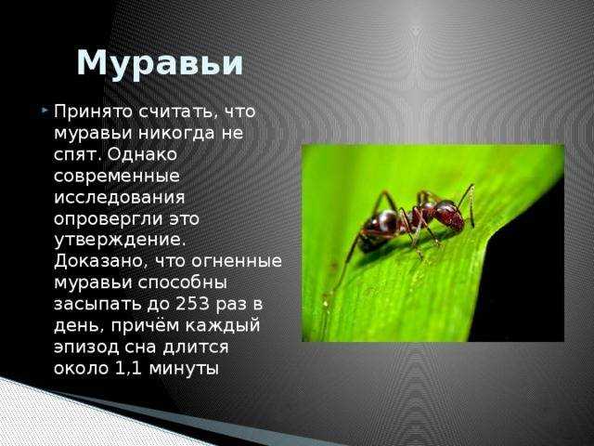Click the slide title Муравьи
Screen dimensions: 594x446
coord(160,64)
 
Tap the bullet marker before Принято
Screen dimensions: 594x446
coord(45,111)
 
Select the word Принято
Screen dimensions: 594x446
coord(93,111)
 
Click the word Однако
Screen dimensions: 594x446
coord(142,155)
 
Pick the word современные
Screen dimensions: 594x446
coord(117,177)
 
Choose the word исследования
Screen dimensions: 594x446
coord(120,198)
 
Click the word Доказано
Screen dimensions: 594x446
coord(101,262)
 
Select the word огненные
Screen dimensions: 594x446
coord(237,261)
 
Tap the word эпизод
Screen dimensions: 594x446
coord(86,348)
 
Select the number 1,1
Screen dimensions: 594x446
coord(128,369)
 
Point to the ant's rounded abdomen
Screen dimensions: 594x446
coord(378,230)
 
